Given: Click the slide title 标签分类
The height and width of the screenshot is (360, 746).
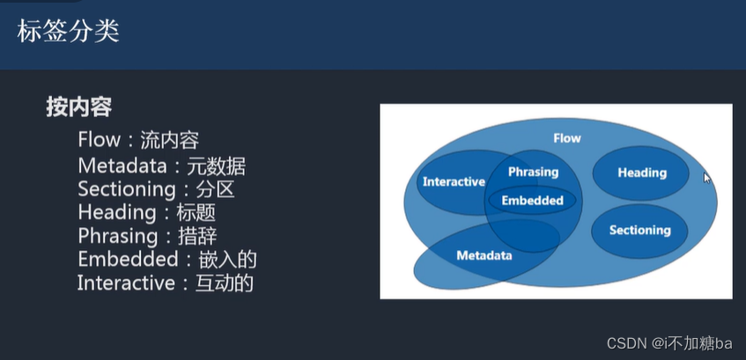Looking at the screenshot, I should click(x=69, y=32).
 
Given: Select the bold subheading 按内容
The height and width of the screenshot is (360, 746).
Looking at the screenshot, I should click(x=79, y=107).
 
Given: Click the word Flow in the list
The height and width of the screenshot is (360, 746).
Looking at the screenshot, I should click(x=97, y=141).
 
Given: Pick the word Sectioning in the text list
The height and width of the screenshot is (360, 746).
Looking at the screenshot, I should click(x=127, y=189).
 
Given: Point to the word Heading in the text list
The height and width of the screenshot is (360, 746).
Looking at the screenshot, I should click(x=113, y=213).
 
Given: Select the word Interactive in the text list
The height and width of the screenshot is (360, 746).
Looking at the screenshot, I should click(x=124, y=283).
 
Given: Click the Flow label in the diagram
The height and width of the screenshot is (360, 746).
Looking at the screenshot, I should click(x=566, y=138).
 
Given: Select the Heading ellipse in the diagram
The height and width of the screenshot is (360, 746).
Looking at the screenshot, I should click(x=641, y=173).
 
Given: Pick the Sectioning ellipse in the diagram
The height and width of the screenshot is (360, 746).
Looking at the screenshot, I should click(x=639, y=231).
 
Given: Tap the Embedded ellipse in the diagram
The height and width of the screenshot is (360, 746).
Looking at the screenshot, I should click(x=532, y=201).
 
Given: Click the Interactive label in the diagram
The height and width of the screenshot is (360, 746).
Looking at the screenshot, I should click(x=454, y=182).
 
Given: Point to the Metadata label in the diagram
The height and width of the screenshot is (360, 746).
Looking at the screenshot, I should click(x=484, y=256).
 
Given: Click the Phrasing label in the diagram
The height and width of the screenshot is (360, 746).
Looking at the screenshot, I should click(x=533, y=172).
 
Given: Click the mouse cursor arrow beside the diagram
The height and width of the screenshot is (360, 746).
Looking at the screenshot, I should click(x=706, y=177).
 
